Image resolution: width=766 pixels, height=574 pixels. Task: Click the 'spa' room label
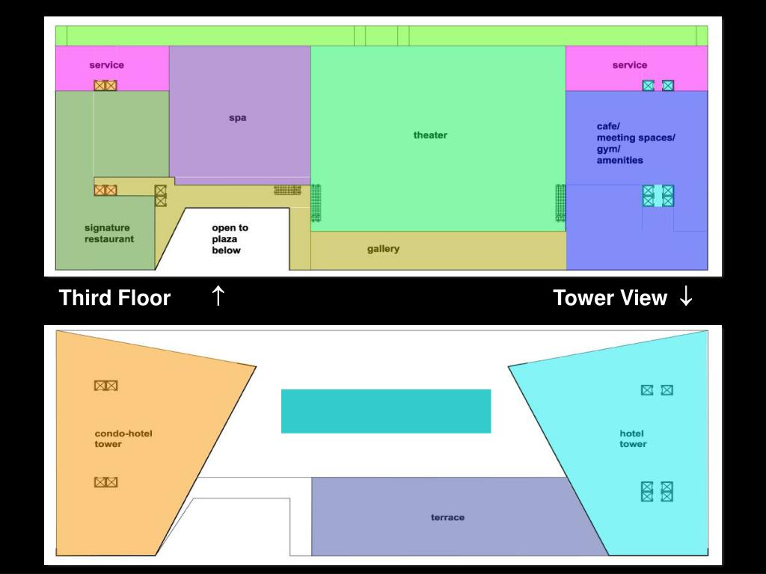click(x=237, y=118)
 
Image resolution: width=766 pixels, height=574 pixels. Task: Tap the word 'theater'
click(x=430, y=135)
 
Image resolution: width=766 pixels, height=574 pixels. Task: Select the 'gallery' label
click(x=383, y=249)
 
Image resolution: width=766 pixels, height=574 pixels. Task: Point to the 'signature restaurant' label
click(x=109, y=233)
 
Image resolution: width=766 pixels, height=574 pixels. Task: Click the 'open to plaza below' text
click(x=230, y=239)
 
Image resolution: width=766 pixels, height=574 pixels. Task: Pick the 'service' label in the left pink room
click(x=106, y=65)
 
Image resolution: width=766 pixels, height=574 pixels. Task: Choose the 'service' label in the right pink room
click(x=630, y=65)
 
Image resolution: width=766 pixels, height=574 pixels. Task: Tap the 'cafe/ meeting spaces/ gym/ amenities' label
click(x=636, y=143)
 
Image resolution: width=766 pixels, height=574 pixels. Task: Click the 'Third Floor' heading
click(x=114, y=297)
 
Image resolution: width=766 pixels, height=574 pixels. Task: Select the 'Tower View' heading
click(x=610, y=297)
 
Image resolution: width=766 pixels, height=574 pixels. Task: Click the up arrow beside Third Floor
click(x=218, y=296)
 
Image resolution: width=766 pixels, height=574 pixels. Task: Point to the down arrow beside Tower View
click(x=686, y=296)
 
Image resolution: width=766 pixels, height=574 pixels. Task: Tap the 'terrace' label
click(x=447, y=517)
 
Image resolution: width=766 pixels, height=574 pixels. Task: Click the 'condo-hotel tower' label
click(x=123, y=439)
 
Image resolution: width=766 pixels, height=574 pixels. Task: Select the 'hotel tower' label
click(x=633, y=439)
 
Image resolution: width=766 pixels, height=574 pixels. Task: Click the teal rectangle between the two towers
click(x=386, y=411)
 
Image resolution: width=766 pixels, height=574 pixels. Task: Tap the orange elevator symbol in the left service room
click(x=105, y=85)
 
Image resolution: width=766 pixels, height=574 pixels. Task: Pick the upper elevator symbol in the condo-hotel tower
click(x=105, y=386)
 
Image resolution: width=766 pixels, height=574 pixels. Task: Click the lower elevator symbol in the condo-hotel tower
click(x=105, y=482)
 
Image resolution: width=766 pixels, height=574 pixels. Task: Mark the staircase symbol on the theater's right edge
click(x=560, y=203)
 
